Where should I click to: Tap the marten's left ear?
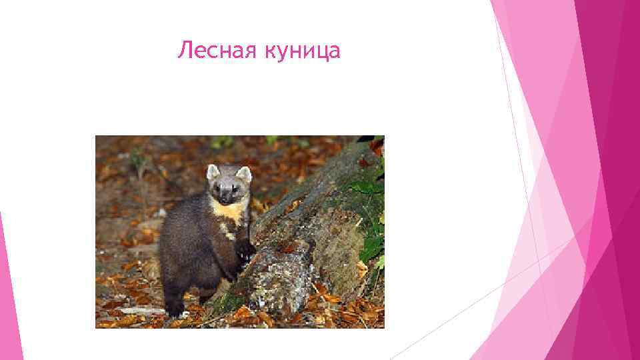213,172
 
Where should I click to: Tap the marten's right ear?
244,174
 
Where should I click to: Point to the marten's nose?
227,198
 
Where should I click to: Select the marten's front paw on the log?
245,250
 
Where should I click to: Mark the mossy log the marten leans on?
313,227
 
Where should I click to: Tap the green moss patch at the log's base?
230,303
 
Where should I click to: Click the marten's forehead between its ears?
228,177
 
